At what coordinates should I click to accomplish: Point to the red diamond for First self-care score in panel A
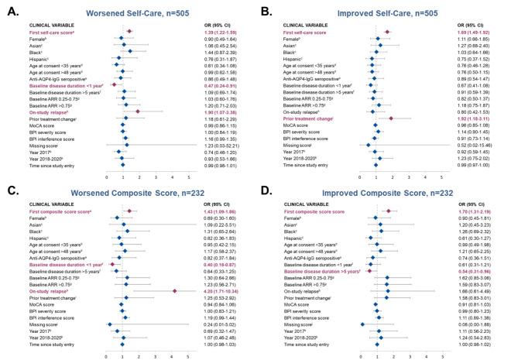point(129,30)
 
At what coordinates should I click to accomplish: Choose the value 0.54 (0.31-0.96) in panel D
point(473,272)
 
